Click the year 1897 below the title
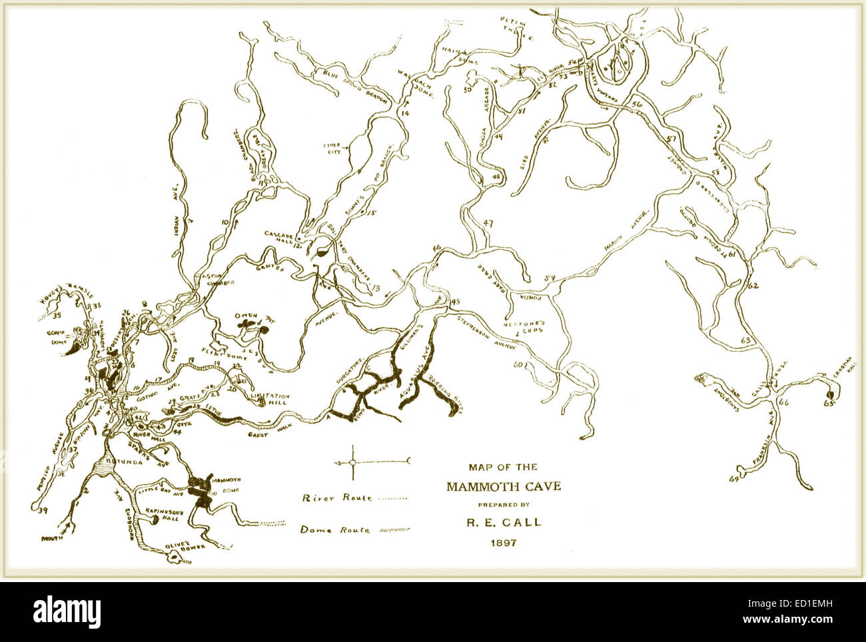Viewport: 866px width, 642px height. click(x=503, y=542)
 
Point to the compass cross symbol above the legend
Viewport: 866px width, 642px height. click(x=352, y=462)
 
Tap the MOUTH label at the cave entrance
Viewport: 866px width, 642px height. click(x=53, y=537)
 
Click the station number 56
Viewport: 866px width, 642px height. click(x=637, y=105)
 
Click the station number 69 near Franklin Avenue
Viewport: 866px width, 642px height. click(x=735, y=478)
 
